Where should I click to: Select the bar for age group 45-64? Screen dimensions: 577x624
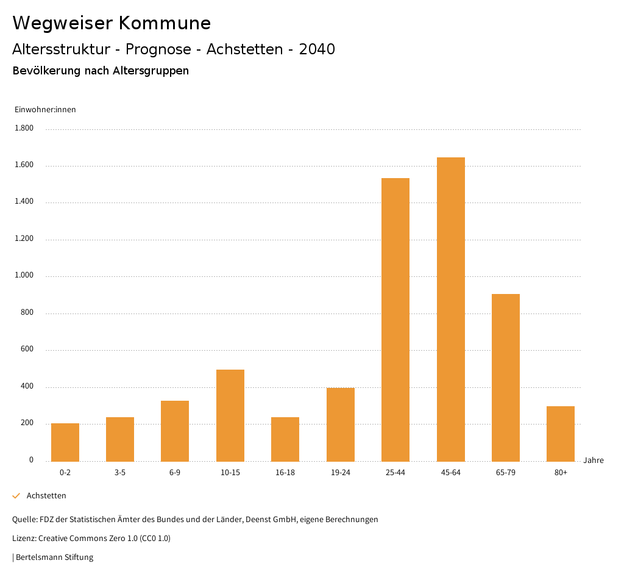coord(450,309)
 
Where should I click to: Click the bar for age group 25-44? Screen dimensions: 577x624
coord(395,320)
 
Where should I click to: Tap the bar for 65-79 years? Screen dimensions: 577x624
coord(506,378)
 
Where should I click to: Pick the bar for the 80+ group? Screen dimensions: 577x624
coord(561,434)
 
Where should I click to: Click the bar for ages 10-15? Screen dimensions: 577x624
coord(230,415)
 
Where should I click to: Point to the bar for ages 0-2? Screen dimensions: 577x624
coord(65,442)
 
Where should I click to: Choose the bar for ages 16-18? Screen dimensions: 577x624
coord(285,439)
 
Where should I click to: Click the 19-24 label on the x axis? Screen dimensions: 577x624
coord(341,473)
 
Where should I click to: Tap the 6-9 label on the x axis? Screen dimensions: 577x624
coord(175,473)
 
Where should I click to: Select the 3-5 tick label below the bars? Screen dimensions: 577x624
coord(120,473)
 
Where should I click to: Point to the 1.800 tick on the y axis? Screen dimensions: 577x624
coord(24,129)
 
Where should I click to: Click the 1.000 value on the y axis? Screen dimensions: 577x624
coord(24,276)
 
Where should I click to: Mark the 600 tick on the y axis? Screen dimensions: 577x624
coord(27,349)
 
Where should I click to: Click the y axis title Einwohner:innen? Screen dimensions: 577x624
coord(45,110)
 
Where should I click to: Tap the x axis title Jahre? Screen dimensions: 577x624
coord(594,461)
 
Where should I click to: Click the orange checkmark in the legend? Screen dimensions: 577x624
coord(16,496)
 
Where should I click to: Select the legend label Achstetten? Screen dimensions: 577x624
coord(46,496)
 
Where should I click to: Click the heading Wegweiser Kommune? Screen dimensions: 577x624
coord(112,23)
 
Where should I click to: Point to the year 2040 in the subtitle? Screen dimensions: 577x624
coord(317,49)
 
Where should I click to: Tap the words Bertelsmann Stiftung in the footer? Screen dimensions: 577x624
coord(54,557)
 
